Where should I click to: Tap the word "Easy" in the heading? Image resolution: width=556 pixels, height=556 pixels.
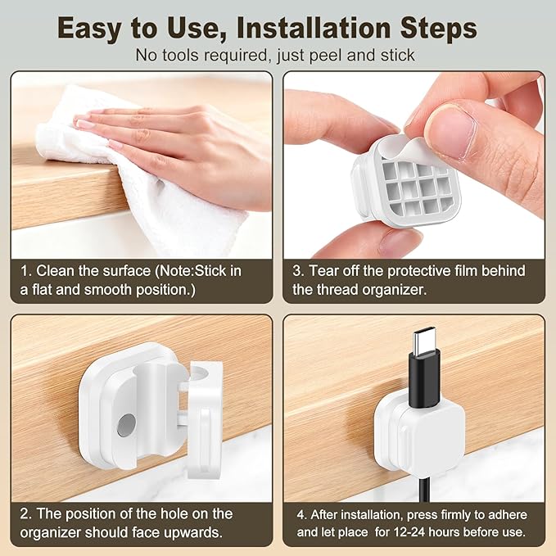pyautogui.click(x=94, y=28)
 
